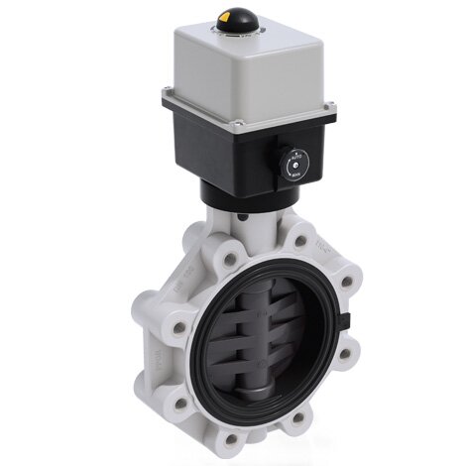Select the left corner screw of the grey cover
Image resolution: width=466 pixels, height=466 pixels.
169,95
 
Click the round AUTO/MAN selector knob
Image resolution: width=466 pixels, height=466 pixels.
294,163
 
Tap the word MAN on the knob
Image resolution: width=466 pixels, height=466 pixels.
294,174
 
